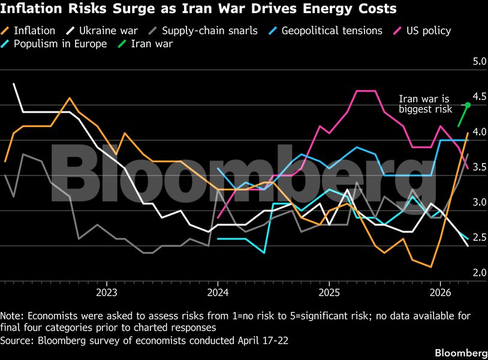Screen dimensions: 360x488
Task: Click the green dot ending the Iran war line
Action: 468,105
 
